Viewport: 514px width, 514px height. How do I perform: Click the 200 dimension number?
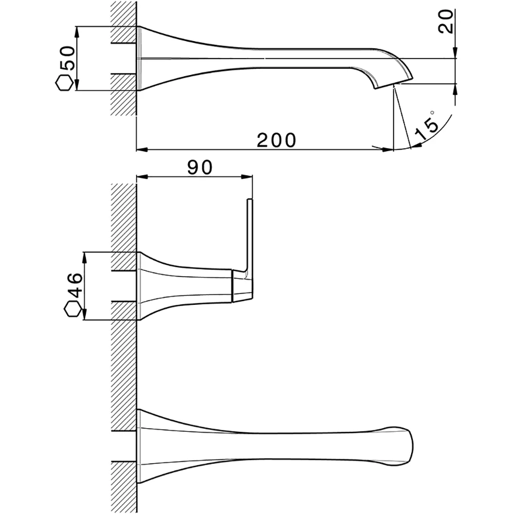[277, 140]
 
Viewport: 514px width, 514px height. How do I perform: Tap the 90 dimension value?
[200, 167]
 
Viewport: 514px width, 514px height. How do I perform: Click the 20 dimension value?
[446, 21]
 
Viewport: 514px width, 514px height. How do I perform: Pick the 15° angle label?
[427, 126]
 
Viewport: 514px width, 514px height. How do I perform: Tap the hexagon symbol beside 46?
[72, 309]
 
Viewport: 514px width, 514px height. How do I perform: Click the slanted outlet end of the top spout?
[393, 83]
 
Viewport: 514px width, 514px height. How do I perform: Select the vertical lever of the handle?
[249, 235]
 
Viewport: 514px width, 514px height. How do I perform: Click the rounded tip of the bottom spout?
[410, 446]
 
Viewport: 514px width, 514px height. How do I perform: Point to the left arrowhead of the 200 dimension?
[141, 150]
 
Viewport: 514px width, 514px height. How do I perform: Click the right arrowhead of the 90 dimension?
[248, 177]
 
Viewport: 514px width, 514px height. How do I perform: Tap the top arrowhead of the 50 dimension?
[78, 31]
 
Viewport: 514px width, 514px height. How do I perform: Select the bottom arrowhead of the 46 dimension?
[85, 315]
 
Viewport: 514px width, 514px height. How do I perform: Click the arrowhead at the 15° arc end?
[416, 145]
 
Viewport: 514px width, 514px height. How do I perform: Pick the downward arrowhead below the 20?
[455, 53]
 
